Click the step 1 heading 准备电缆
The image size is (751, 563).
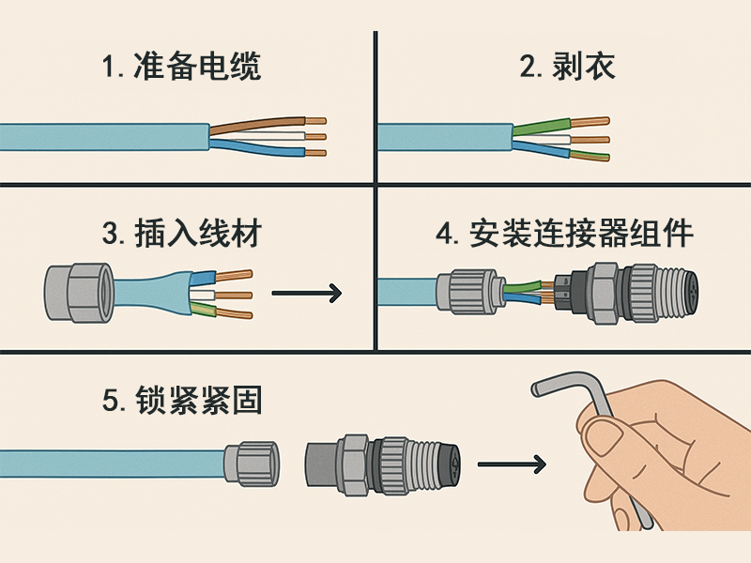[x=181, y=68]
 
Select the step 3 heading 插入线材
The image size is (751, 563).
[x=181, y=233]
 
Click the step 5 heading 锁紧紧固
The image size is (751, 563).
[x=181, y=401]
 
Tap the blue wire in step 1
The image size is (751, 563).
[x=263, y=151]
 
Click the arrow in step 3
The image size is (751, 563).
[x=306, y=294]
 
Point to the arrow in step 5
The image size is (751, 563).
[x=512, y=464]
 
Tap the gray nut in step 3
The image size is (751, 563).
[x=79, y=293]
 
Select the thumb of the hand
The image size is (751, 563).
[x=615, y=436]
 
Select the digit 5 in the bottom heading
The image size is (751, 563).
[x=109, y=402]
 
